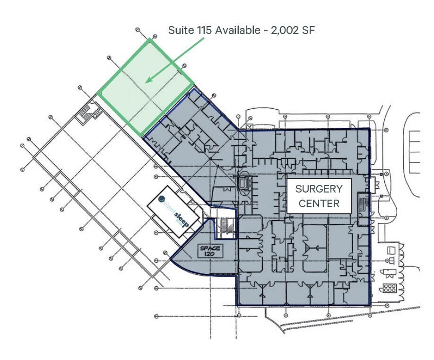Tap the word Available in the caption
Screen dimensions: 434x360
(x=238, y=30)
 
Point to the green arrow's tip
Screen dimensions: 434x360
(x=146, y=82)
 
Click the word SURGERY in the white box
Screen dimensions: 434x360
(x=319, y=189)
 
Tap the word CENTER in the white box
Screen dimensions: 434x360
(x=319, y=203)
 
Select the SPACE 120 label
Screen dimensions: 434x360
(x=210, y=250)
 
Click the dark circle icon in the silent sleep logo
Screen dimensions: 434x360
(x=162, y=199)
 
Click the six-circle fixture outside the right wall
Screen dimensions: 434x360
(x=390, y=288)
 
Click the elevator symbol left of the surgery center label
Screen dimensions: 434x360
(x=244, y=183)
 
